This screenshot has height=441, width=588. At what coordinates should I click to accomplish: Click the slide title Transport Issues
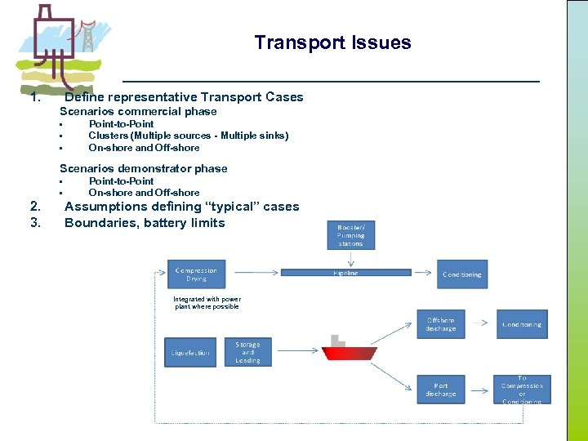pos(332,42)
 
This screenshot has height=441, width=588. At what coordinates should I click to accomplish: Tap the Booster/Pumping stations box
pos(351,234)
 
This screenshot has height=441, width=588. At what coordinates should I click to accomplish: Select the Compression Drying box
pos(196,274)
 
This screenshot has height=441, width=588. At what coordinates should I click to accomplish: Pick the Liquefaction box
pos(190,352)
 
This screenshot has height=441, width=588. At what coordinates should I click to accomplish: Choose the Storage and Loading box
pos(247,352)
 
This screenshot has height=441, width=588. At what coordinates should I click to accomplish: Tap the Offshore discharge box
pos(441,324)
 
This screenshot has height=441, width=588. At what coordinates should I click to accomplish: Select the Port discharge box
pos(441,390)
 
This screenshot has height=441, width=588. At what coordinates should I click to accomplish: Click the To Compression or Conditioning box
pos(522,390)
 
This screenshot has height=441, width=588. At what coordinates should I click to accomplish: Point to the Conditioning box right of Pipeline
pos(462,274)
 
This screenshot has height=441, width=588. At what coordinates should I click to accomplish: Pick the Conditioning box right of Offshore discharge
pos(522,324)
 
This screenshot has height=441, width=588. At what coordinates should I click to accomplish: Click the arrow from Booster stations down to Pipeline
pos(350,259)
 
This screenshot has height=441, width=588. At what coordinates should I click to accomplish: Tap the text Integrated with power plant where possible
pos(207,302)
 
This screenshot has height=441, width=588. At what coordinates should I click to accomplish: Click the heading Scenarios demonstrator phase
pos(144,168)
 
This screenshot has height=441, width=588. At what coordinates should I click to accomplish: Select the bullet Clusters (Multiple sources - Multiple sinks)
pos(189,136)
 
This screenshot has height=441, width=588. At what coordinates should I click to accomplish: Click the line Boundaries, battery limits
pos(145,222)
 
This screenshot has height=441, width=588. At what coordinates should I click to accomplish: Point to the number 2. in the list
pos(35,207)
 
